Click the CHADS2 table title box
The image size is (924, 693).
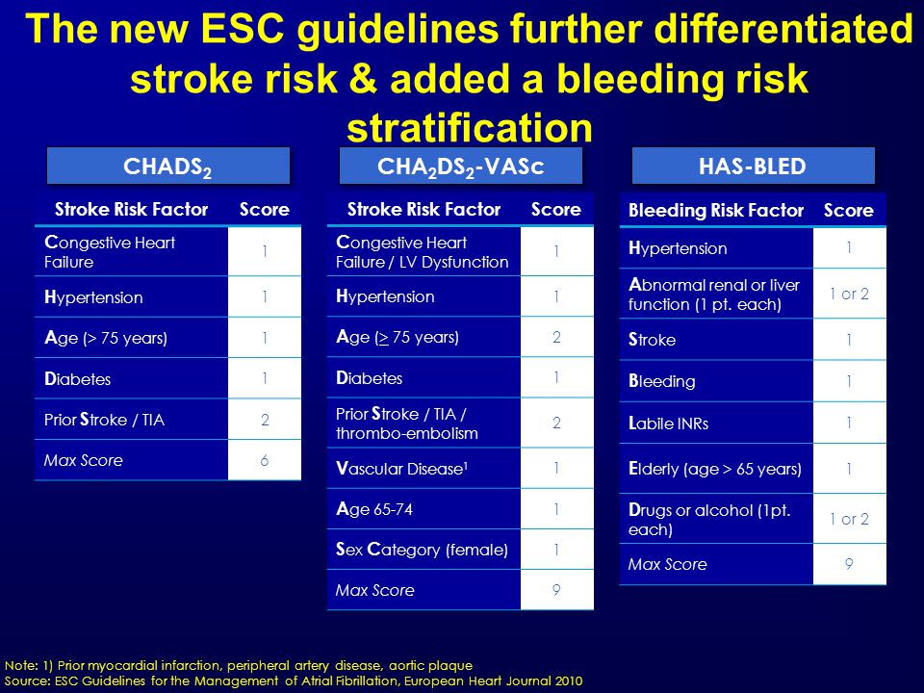pyautogui.click(x=167, y=167)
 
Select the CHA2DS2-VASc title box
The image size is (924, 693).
pyautogui.click(x=461, y=167)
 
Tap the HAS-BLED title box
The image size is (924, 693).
pyautogui.click(x=753, y=167)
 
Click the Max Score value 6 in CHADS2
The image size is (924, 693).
pyautogui.click(x=265, y=460)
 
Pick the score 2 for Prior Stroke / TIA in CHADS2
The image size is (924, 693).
pyautogui.click(x=265, y=420)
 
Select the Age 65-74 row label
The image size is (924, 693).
pyautogui.click(x=374, y=508)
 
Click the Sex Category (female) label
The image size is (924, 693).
pyautogui.click(x=422, y=550)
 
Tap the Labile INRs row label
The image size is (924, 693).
pyautogui.click(x=668, y=423)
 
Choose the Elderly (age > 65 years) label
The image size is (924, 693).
pyautogui.click(x=715, y=469)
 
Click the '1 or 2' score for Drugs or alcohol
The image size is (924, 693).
pyautogui.click(x=849, y=519)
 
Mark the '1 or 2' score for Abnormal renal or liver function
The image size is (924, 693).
pyautogui.click(x=849, y=294)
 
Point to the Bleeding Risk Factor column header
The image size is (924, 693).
pyautogui.click(x=716, y=211)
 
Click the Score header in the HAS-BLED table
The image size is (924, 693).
pyautogui.click(x=849, y=211)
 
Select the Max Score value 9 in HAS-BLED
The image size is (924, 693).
pyautogui.click(x=849, y=564)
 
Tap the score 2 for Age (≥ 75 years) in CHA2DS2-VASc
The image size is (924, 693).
pyautogui.click(x=556, y=337)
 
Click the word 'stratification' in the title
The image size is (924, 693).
pyautogui.click(x=470, y=128)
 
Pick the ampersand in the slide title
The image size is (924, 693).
pyautogui.click(x=363, y=78)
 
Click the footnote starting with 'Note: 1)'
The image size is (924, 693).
pyautogui.click(x=239, y=666)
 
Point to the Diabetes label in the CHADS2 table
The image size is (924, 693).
pyautogui.click(x=77, y=379)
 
